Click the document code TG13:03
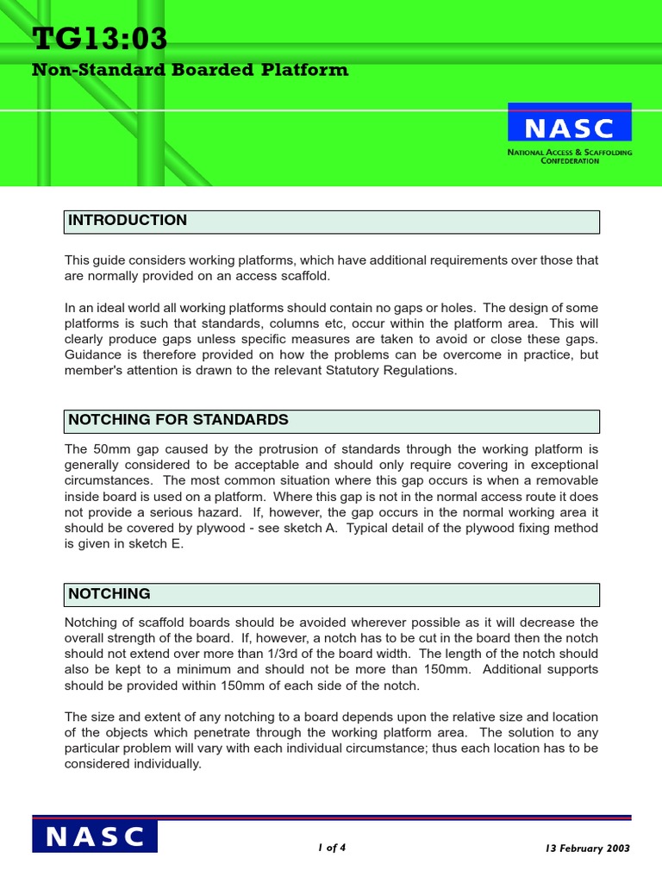(100, 39)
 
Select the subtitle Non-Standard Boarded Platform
(190, 71)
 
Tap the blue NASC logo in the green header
(569, 128)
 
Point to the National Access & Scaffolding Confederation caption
(569, 156)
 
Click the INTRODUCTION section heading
(128, 221)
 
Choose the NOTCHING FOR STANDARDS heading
(178, 421)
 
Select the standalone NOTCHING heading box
(109, 594)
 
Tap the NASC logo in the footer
(95, 836)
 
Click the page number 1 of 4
(332, 848)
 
